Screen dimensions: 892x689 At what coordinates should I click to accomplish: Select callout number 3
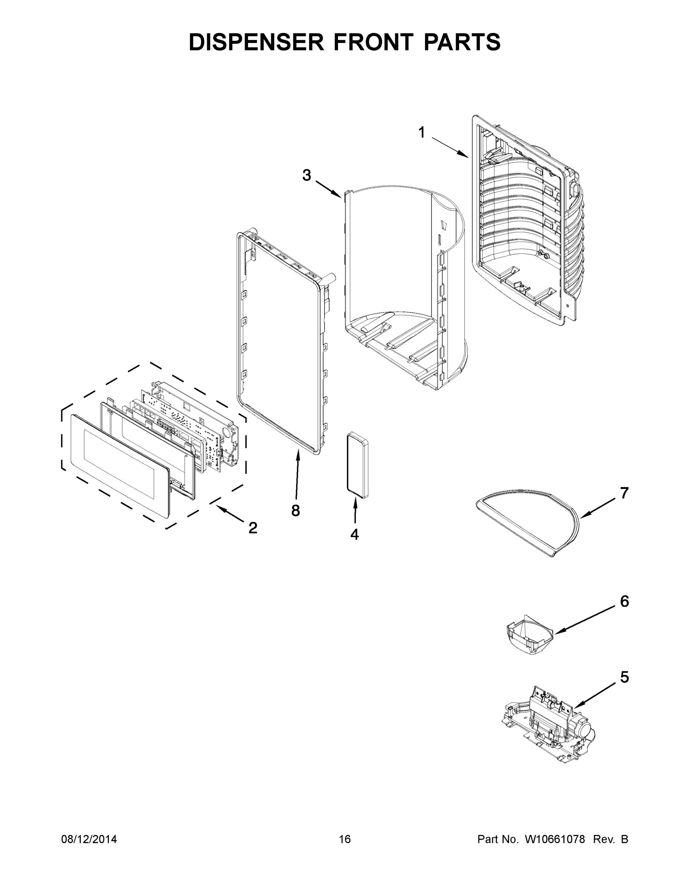pyautogui.click(x=306, y=176)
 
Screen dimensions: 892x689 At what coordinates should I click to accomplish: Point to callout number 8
pyautogui.click(x=296, y=510)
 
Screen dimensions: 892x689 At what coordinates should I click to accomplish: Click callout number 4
pyautogui.click(x=354, y=534)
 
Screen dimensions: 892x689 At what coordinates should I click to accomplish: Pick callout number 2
pyautogui.click(x=253, y=528)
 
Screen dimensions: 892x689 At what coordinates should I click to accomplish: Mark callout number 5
pyautogui.click(x=624, y=677)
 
